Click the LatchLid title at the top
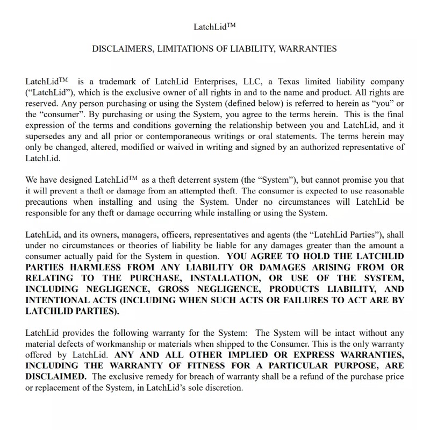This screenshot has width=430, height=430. [214, 26]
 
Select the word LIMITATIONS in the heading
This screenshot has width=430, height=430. [183, 49]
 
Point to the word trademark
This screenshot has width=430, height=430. [119, 82]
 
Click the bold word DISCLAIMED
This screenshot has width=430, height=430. [56, 376]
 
